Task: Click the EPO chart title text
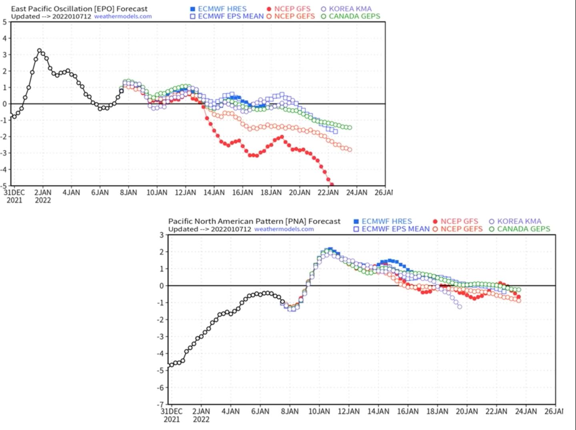tap(79, 8)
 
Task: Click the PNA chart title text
tap(254, 221)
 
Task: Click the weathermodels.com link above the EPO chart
tap(123, 16)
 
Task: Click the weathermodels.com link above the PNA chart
tap(284, 229)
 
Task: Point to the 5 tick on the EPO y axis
tap(5, 22)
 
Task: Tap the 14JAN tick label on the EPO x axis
tap(214, 193)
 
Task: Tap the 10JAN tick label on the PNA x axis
tap(319, 411)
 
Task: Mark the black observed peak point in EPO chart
tap(39, 51)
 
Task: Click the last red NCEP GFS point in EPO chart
tap(332, 185)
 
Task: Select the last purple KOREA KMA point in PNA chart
tap(460, 307)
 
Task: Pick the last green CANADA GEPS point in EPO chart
tap(350, 128)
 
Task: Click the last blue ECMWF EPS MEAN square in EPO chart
tap(335, 131)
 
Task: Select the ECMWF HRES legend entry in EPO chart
tap(222, 8)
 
